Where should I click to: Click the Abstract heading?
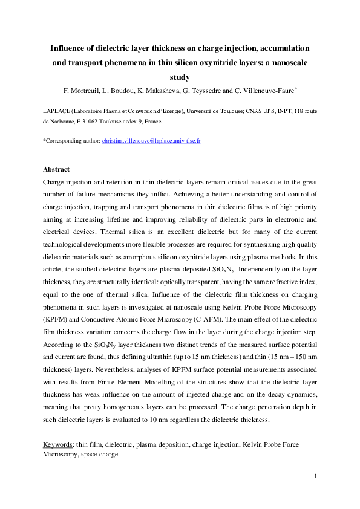pos(56,169)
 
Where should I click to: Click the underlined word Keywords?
pos(58,444)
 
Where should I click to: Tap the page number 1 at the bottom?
pos(315,477)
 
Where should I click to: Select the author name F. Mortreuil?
pos(84,91)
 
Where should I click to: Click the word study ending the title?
pos(180,77)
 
